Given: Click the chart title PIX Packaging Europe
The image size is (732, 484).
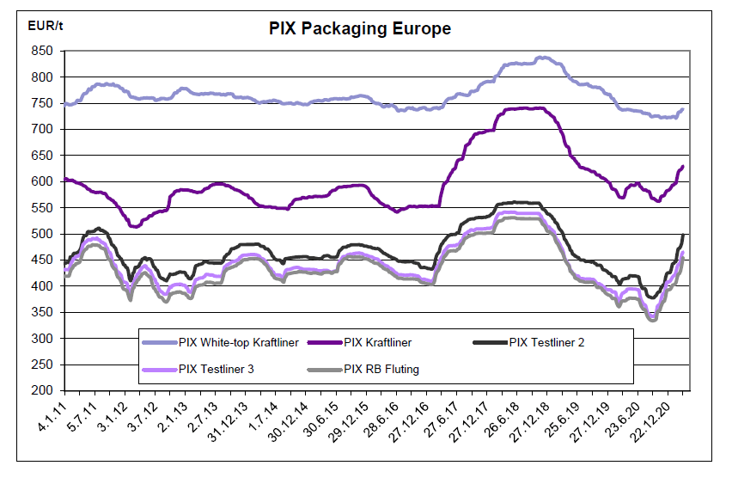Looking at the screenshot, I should click(360, 28).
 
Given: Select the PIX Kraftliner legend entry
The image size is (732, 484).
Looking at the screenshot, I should click(377, 342).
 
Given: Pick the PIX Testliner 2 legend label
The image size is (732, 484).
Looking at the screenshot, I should click(546, 342).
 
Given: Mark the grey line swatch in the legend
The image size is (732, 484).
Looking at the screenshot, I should click(325, 370).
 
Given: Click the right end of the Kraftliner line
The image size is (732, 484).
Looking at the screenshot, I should click(683, 167).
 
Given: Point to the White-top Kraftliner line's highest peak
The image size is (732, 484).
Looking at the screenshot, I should click(540, 58).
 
